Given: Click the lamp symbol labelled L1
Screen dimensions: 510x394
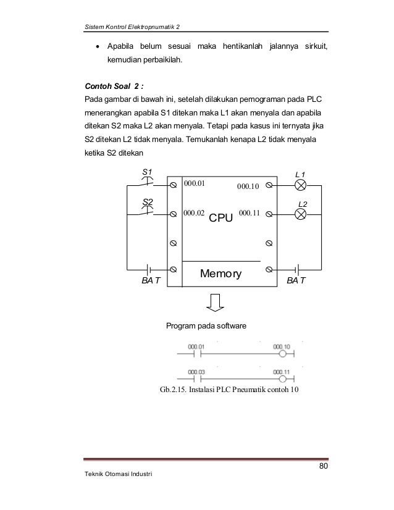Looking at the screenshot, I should click(301, 185).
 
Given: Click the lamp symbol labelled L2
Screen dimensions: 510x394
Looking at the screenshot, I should click(301, 214).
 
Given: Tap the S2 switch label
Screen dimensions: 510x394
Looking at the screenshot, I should click(148, 202).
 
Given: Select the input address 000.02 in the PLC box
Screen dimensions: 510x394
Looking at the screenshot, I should click(194, 213).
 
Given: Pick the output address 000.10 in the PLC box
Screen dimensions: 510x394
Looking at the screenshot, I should click(248, 185).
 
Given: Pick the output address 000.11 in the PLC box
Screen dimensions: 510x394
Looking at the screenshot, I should click(248, 213).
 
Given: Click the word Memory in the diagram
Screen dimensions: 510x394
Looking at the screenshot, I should click(221, 273).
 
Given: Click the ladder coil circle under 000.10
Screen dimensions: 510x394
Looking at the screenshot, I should click(282, 354).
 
